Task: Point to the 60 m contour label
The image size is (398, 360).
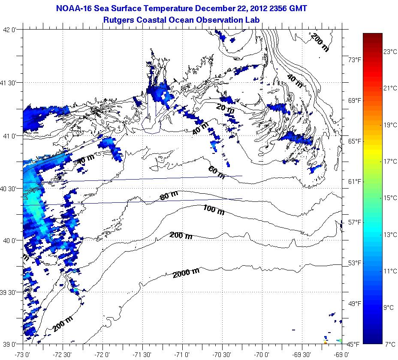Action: [x=216, y=172]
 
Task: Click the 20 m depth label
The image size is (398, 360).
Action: [x=226, y=109]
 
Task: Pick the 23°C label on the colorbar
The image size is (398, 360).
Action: [x=390, y=52]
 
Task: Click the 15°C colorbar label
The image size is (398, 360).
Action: [x=390, y=198]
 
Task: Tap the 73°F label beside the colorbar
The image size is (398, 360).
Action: [x=354, y=60]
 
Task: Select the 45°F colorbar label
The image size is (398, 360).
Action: [x=354, y=344]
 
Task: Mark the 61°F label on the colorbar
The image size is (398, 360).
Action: [x=354, y=182]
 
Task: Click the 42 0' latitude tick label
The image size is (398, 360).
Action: [x=11, y=30]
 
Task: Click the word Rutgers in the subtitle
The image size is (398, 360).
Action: [x=119, y=19]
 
